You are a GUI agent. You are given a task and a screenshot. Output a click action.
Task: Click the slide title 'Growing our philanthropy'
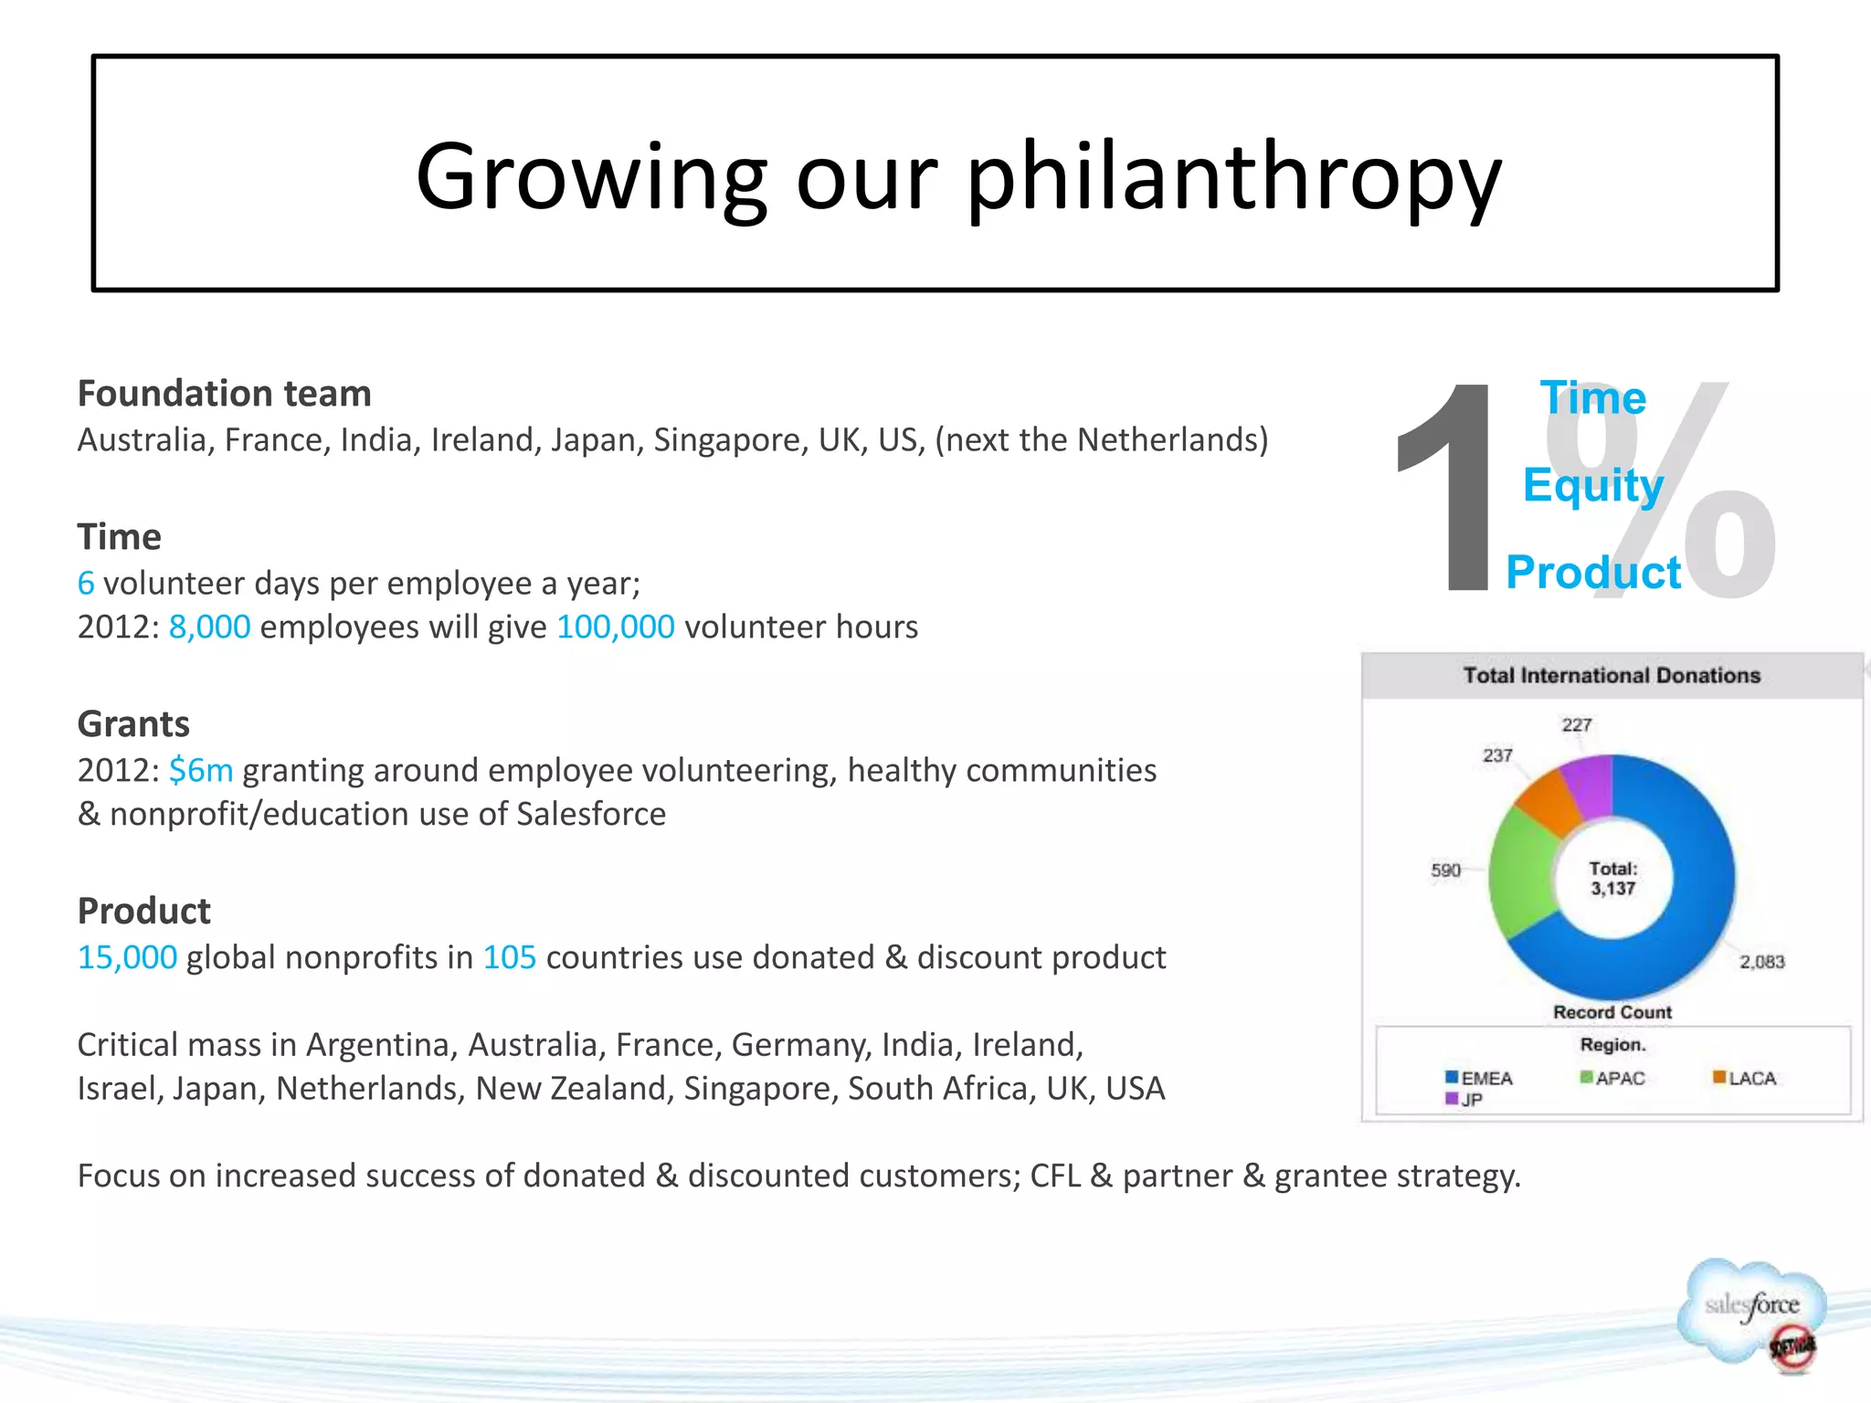point(957,175)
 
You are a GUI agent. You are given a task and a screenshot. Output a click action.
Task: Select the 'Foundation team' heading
point(224,394)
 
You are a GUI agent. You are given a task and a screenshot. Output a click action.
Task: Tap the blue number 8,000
point(209,628)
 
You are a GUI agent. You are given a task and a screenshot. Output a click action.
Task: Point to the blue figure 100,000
point(615,628)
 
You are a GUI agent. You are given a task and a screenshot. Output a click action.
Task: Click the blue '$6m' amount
point(201,771)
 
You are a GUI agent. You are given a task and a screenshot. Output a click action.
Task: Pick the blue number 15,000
point(127,957)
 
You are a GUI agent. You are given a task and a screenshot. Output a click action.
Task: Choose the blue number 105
point(509,957)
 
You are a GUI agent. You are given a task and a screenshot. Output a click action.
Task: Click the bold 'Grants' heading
point(133,724)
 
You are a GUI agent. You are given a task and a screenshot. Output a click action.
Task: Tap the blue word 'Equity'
point(1592,484)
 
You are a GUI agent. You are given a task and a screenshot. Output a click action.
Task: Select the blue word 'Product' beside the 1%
point(1592,573)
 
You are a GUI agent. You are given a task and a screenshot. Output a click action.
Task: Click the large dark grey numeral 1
point(1446,489)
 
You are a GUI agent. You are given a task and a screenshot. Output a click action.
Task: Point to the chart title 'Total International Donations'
point(1612,676)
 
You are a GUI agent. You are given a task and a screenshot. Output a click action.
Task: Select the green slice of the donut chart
point(1519,872)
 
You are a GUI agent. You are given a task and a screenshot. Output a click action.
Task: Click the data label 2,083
point(1761,962)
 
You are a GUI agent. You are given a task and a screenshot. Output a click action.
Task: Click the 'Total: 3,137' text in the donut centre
point(1612,879)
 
